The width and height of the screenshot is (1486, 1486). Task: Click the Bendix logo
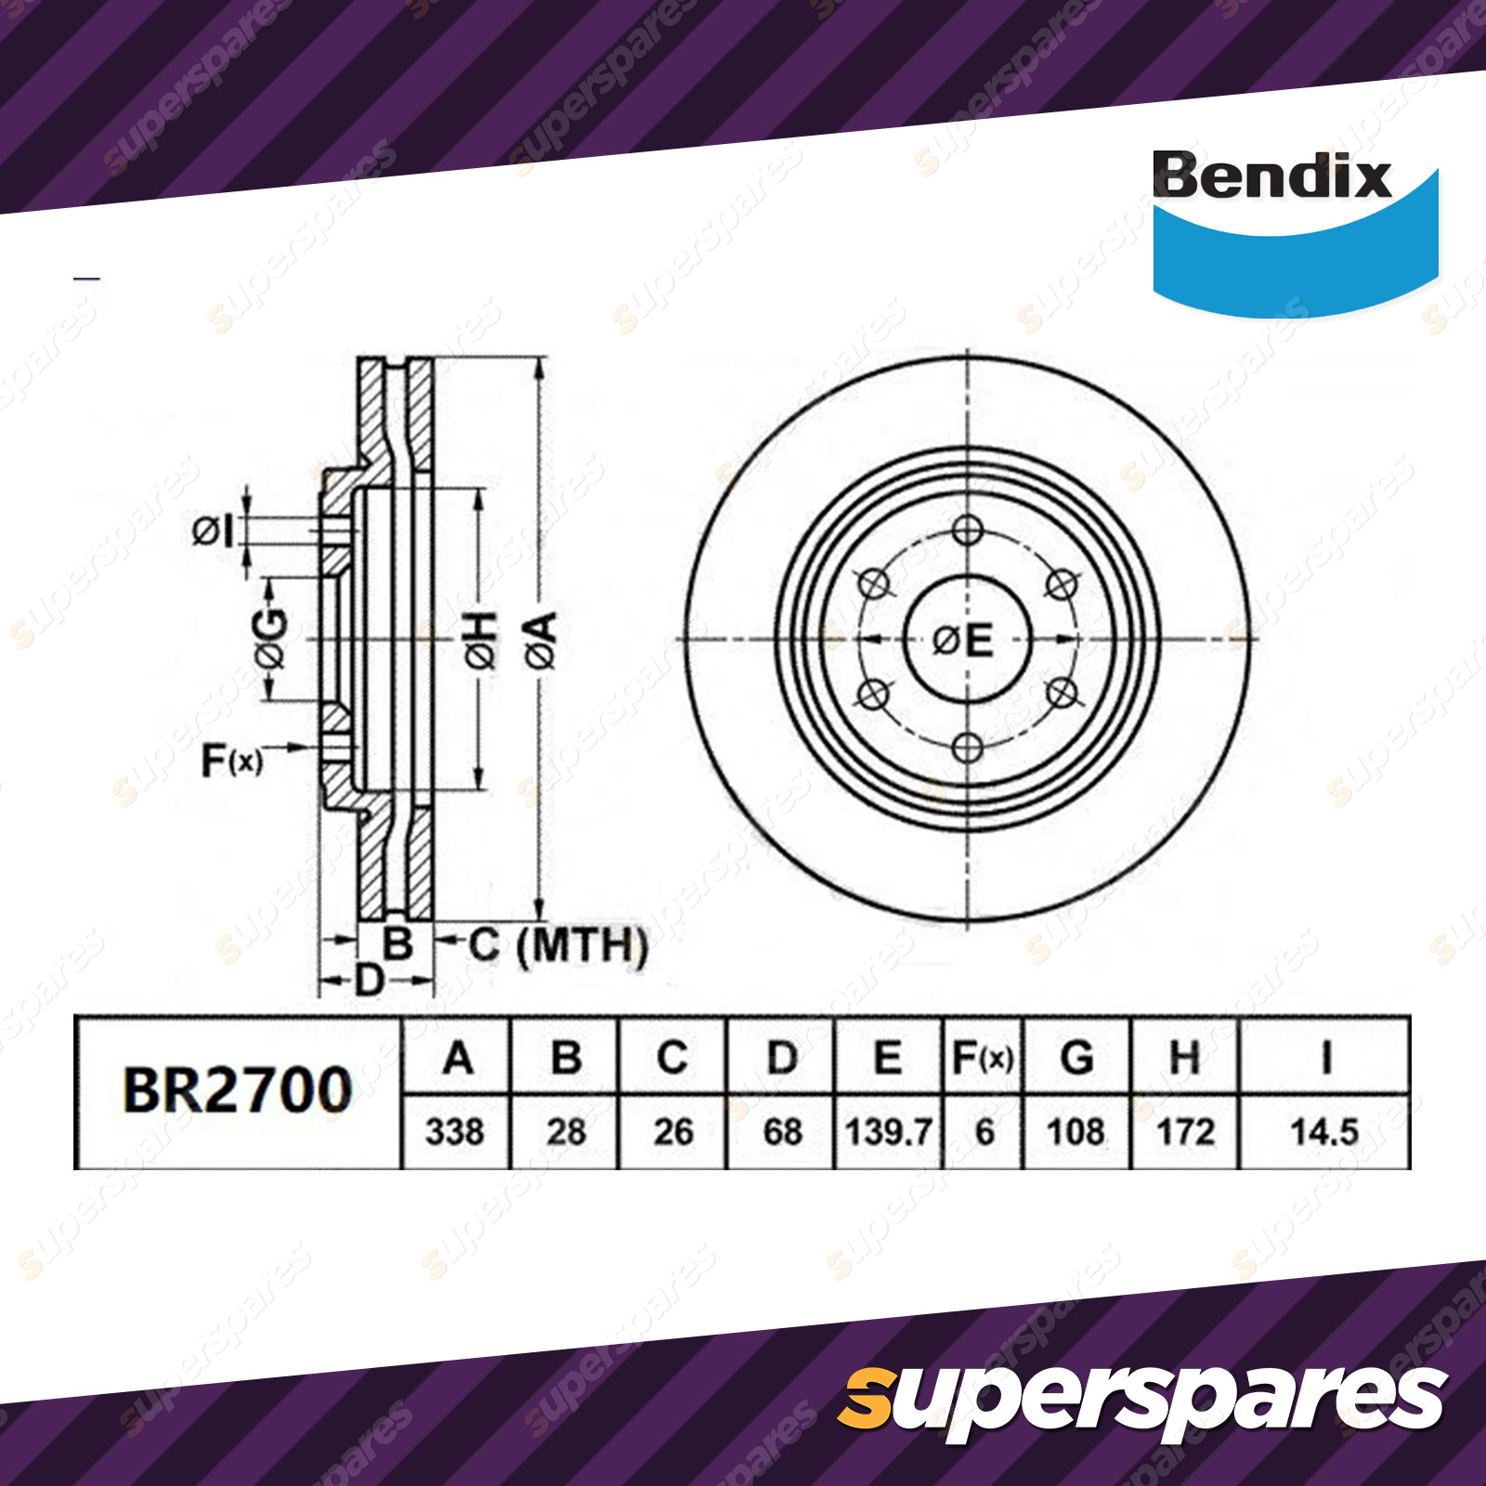(x=1295, y=232)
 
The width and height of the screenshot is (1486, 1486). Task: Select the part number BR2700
(x=238, y=1090)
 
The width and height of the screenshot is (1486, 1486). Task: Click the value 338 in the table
(x=455, y=1132)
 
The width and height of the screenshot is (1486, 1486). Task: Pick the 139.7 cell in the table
(x=888, y=1132)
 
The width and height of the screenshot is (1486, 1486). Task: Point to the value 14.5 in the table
(x=1324, y=1132)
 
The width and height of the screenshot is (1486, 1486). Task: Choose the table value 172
(x=1186, y=1132)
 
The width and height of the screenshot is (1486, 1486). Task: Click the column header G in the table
(x=1076, y=1058)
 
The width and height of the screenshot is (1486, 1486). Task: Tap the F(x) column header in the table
(x=984, y=1058)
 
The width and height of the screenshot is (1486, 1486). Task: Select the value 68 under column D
(x=782, y=1132)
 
